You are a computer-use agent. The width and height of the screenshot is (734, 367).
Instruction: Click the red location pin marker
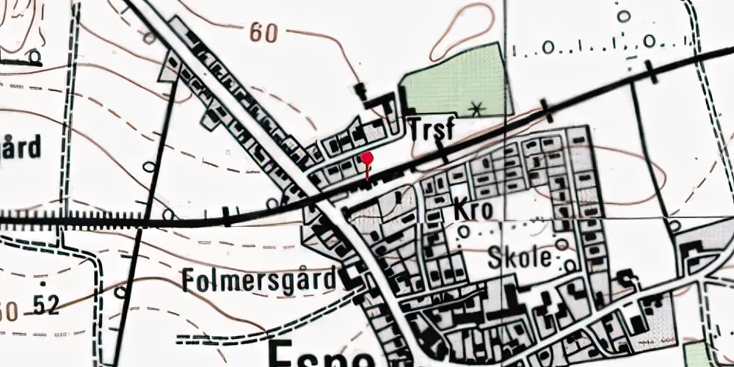point(367,159)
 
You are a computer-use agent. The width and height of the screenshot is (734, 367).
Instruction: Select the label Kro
point(473,209)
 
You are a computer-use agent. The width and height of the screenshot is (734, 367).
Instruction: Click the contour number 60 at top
point(265,32)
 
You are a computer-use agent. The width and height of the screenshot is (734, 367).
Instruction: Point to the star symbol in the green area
point(478,110)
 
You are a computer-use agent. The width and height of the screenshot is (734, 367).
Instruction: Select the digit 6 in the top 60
point(256,32)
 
